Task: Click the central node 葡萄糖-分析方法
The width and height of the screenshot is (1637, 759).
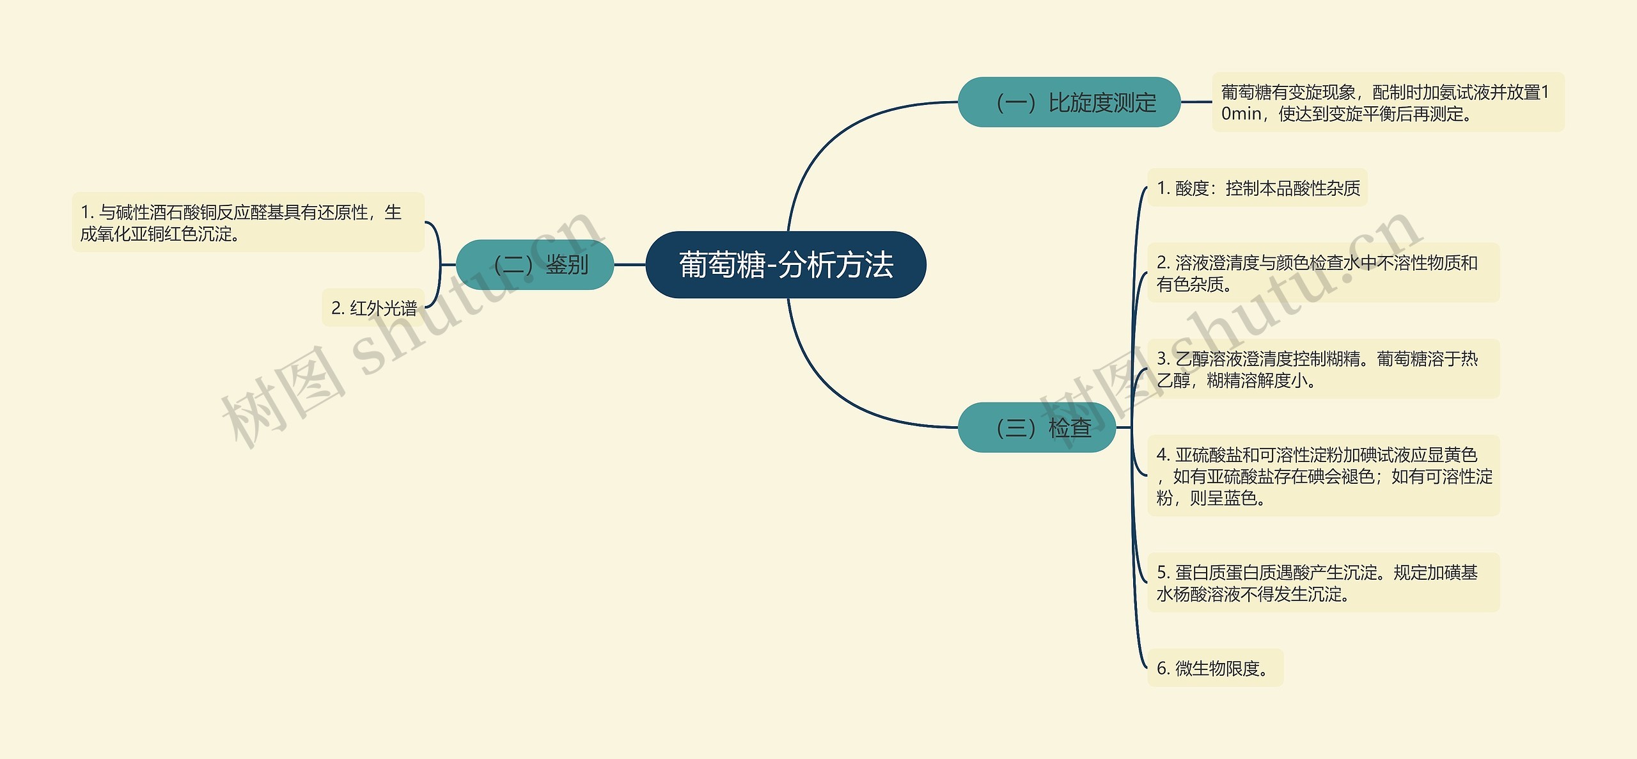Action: click(785, 264)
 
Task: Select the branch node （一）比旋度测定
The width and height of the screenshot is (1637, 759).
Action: click(1069, 102)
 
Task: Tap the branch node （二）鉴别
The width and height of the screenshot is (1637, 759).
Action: click(535, 264)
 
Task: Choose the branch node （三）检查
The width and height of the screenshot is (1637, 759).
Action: click(1037, 427)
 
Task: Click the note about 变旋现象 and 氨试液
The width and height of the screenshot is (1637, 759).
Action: click(1388, 102)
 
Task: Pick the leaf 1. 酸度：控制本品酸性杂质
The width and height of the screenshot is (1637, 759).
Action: click(1257, 188)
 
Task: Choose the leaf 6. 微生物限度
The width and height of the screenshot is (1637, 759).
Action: click(1215, 668)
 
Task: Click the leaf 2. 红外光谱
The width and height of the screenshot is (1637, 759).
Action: click(373, 308)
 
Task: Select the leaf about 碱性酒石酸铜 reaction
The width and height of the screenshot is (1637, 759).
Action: click(248, 223)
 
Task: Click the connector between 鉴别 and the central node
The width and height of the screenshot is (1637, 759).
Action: click(630, 264)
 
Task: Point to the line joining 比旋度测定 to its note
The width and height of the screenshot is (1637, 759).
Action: click(1196, 102)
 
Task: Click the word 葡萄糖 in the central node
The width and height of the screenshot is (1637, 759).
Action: click(722, 265)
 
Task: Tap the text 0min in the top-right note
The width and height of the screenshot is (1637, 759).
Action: click(1241, 114)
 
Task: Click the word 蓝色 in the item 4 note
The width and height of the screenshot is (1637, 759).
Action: click(1241, 498)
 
